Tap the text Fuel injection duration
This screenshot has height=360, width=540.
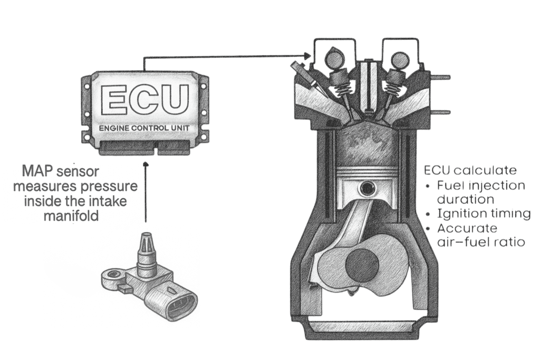480,192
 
